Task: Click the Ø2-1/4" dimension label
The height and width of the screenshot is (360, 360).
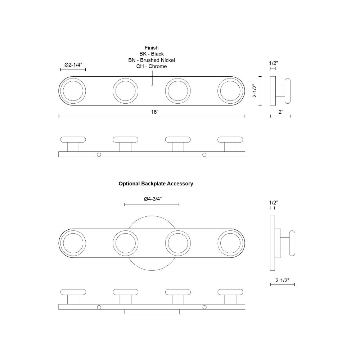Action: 73,65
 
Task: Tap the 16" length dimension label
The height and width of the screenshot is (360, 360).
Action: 155,112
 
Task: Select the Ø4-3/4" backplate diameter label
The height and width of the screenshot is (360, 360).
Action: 153,199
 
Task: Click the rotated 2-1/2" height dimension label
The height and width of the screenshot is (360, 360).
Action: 255,91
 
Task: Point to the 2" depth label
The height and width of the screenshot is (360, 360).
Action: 281,112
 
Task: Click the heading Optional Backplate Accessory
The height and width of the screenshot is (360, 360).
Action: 156,184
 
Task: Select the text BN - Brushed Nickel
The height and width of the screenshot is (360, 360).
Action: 152,60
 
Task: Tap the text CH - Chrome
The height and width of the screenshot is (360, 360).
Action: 152,66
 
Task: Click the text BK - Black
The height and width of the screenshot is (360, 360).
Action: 152,54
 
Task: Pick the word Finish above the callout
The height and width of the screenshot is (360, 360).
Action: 152,48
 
